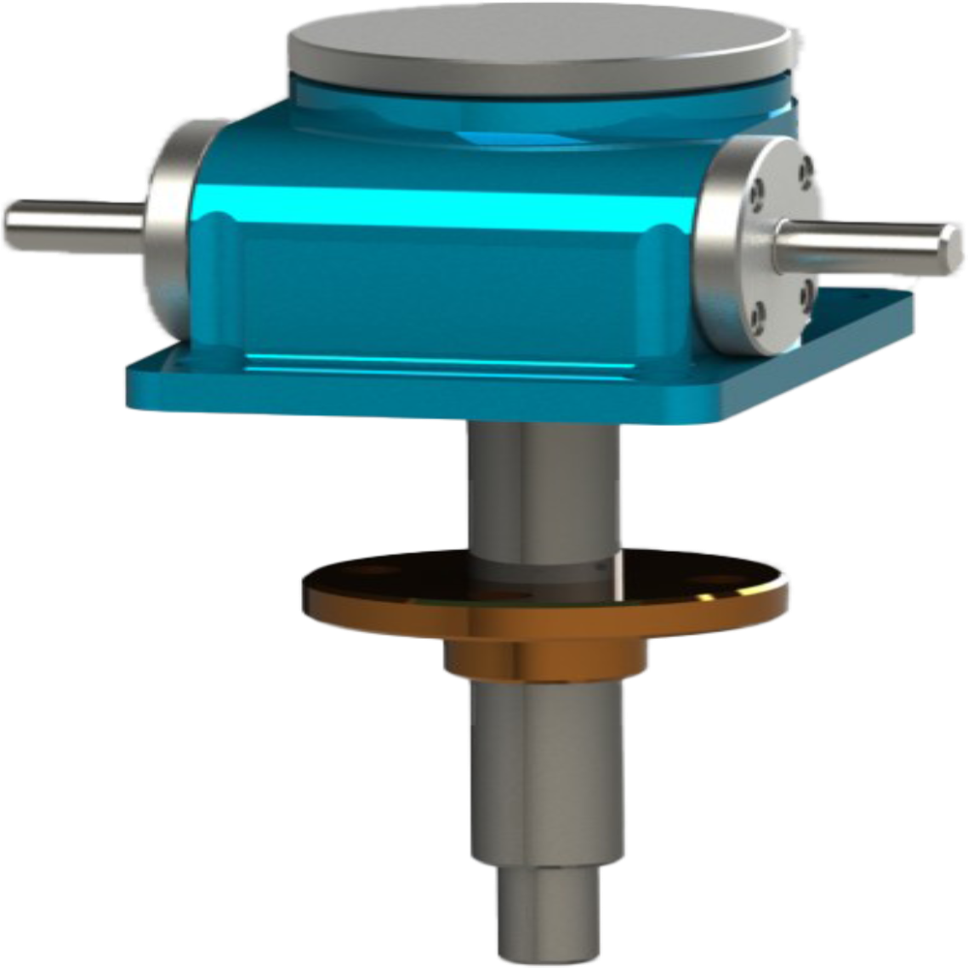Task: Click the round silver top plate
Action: click(x=542, y=44)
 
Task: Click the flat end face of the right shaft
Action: click(x=953, y=245)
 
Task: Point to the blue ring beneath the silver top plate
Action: click(x=542, y=106)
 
